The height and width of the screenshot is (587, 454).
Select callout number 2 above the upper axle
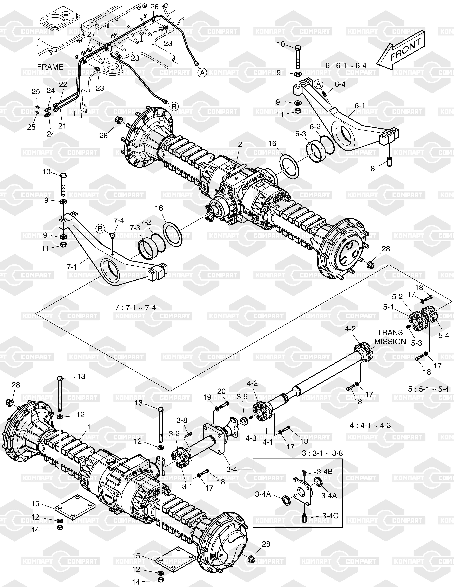pos(240,144)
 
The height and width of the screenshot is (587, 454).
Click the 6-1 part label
pos(360,106)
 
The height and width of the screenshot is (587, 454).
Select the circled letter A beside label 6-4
pos(319,84)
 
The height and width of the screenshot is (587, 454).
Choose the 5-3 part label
pos(416,343)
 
